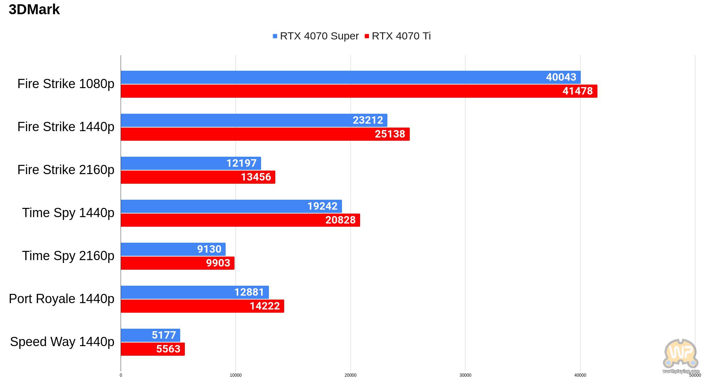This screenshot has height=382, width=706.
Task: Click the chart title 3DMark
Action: click(x=34, y=10)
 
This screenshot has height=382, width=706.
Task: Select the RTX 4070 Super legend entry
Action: click(x=316, y=36)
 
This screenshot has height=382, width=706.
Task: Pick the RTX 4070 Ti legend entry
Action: click(x=398, y=36)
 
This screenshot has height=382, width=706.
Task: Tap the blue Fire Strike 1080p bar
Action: click(x=351, y=77)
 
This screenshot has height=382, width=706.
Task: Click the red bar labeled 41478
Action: click(x=359, y=91)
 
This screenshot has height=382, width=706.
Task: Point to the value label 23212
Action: click(x=368, y=120)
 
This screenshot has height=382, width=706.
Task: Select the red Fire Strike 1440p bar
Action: click(x=265, y=134)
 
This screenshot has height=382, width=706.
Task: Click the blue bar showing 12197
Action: click(x=191, y=163)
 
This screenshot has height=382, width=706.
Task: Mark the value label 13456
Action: click(x=256, y=177)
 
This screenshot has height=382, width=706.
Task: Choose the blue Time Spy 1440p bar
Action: click(x=231, y=206)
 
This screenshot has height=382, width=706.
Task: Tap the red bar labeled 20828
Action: click(x=241, y=220)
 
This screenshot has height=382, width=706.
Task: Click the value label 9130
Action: click(x=209, y=249)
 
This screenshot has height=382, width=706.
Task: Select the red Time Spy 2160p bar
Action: click(x=178, y=263)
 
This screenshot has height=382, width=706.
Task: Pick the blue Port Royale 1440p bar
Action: click(x=195, y=292)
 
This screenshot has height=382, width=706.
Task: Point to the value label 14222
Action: click(x=265, y=306)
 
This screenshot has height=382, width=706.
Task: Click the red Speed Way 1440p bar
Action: click(x=153, y=349)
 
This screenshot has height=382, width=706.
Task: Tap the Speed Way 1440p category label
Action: click(x=62, y=342)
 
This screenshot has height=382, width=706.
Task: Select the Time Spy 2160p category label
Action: click(x=68, y=256)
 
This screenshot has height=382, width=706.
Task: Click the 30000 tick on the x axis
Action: click(x=465, y=375)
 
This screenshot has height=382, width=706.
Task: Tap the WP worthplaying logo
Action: click(x=681, y=356)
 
